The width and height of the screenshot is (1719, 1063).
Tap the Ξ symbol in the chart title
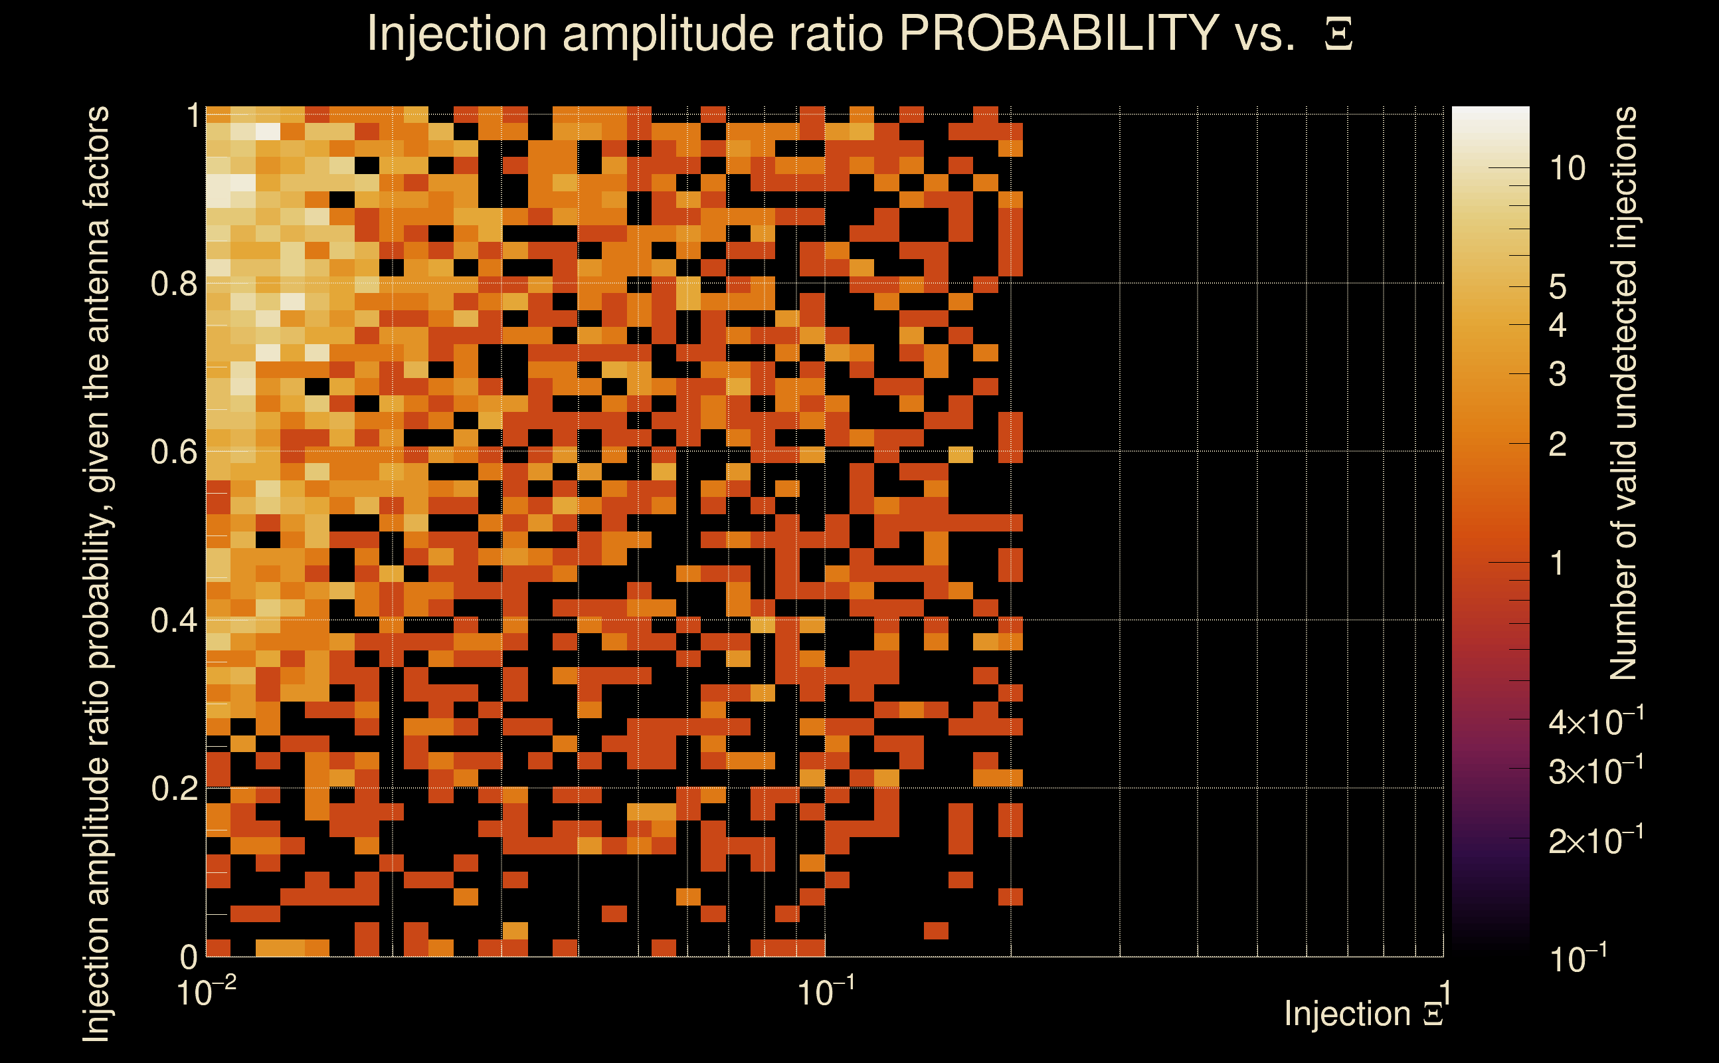(1338, 35)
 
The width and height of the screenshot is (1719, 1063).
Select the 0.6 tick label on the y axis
(174, 451)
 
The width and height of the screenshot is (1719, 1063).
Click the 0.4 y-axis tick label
(174, 620)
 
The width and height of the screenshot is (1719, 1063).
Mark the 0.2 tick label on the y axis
(174, 789)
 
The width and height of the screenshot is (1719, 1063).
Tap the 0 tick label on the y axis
(189, 957)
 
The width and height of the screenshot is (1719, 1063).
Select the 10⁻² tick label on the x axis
(206, 993)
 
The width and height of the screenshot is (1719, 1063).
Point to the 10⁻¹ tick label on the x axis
(826, 993)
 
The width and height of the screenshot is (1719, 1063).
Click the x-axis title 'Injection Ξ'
(1364, 1014)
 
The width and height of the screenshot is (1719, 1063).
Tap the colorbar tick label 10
(1567, 169)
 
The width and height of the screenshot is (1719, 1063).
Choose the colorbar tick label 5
(1558, 287)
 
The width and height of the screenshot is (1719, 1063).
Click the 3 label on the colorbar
(1558, 374)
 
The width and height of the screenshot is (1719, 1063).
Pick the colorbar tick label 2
(1558, 444)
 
